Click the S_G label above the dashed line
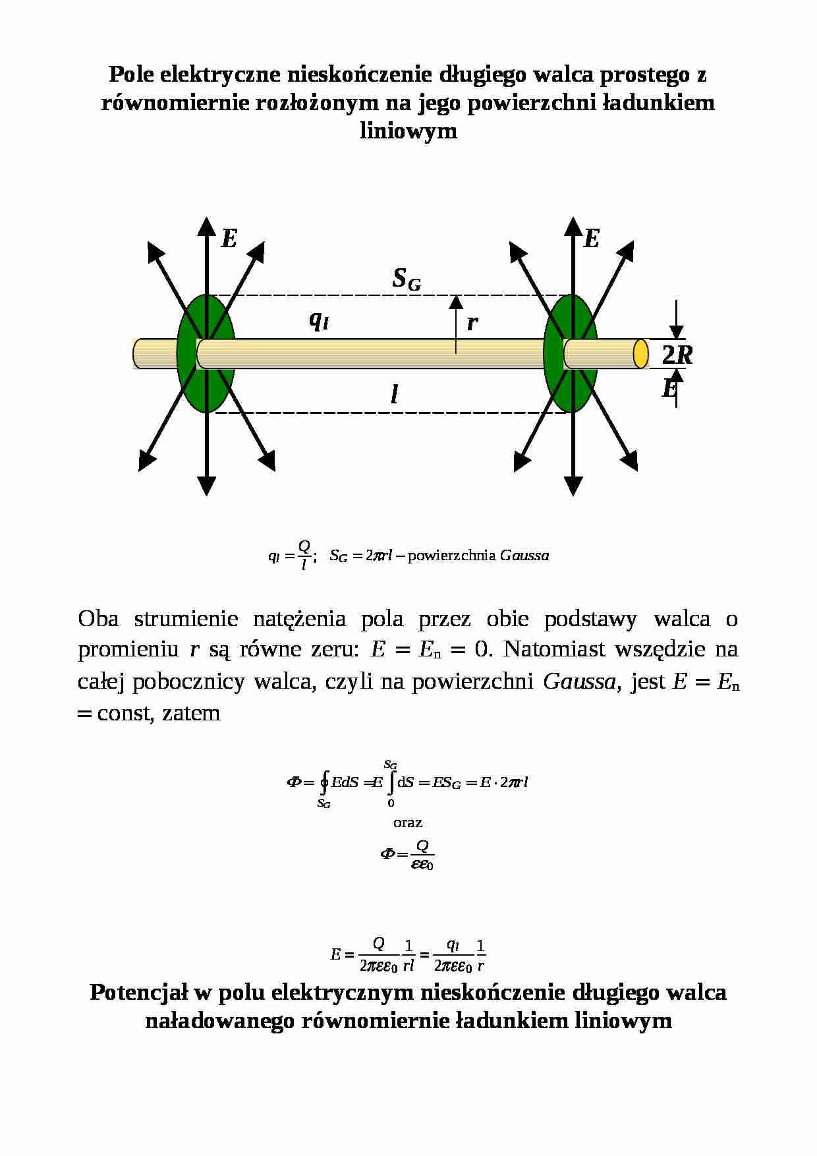coord(407,279)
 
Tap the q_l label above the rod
coord(319,320)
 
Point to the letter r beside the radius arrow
coord(472,323)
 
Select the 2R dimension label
coord(677,355)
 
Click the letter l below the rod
coord(394,394)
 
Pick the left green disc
coord(206,353)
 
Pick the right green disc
coord(571,353)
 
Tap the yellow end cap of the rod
coord(640,353)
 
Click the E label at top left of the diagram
coord(229,239)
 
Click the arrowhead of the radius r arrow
coord(456,302)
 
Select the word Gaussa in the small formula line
coord(524,556)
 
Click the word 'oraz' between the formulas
coord(408,823)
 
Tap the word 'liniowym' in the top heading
coord(408,130)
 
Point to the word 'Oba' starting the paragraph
coord(98,619)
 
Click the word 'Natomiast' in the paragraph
coord(553,649)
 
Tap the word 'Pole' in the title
coord(131,74)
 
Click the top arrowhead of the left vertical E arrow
coord(207,225)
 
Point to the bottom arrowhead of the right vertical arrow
coord(573,486)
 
